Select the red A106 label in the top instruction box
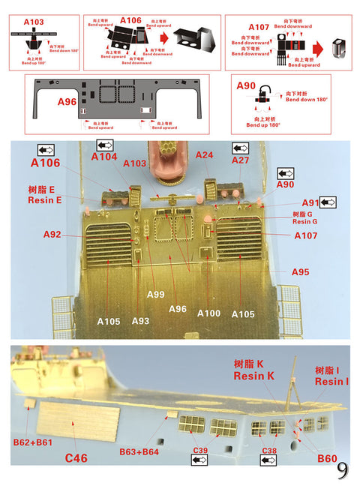130,20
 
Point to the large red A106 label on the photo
46,162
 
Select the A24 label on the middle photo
205,154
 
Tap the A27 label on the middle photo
240,160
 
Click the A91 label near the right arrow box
310,202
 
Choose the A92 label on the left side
52,235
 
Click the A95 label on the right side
301,271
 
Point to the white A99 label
154,294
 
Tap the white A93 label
140,320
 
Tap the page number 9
341,470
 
